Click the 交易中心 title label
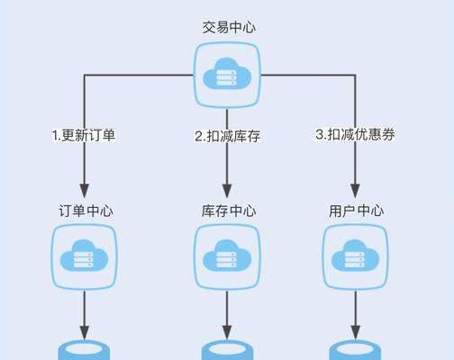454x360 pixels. coord(229,27)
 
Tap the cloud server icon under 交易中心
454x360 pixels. coord(227,75)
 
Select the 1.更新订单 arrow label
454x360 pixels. coord(84,135)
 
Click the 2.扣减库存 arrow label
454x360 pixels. coord(227,136)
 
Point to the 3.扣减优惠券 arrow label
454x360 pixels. coord(355,134)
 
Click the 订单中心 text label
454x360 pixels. coord(86,211)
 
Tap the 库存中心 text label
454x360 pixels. coord(229,211)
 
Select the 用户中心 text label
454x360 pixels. coord(356,211)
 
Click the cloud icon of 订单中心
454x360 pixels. coord(85,256)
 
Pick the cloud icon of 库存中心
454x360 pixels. coord(227,256)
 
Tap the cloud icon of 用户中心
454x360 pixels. coord(355,256)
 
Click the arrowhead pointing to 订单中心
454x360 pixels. coord(85,191)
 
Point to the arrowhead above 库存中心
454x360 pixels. coord(227,191)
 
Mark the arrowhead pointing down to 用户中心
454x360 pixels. coord(355,191)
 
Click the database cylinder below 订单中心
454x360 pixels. coord(84,350)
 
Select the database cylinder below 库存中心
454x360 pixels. coord(227,350)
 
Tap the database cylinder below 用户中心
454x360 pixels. coord(355,350)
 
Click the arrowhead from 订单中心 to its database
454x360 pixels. coord(85,332)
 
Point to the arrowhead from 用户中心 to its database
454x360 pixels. coord(355,332)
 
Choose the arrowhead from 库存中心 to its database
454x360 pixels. coord(227,332)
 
